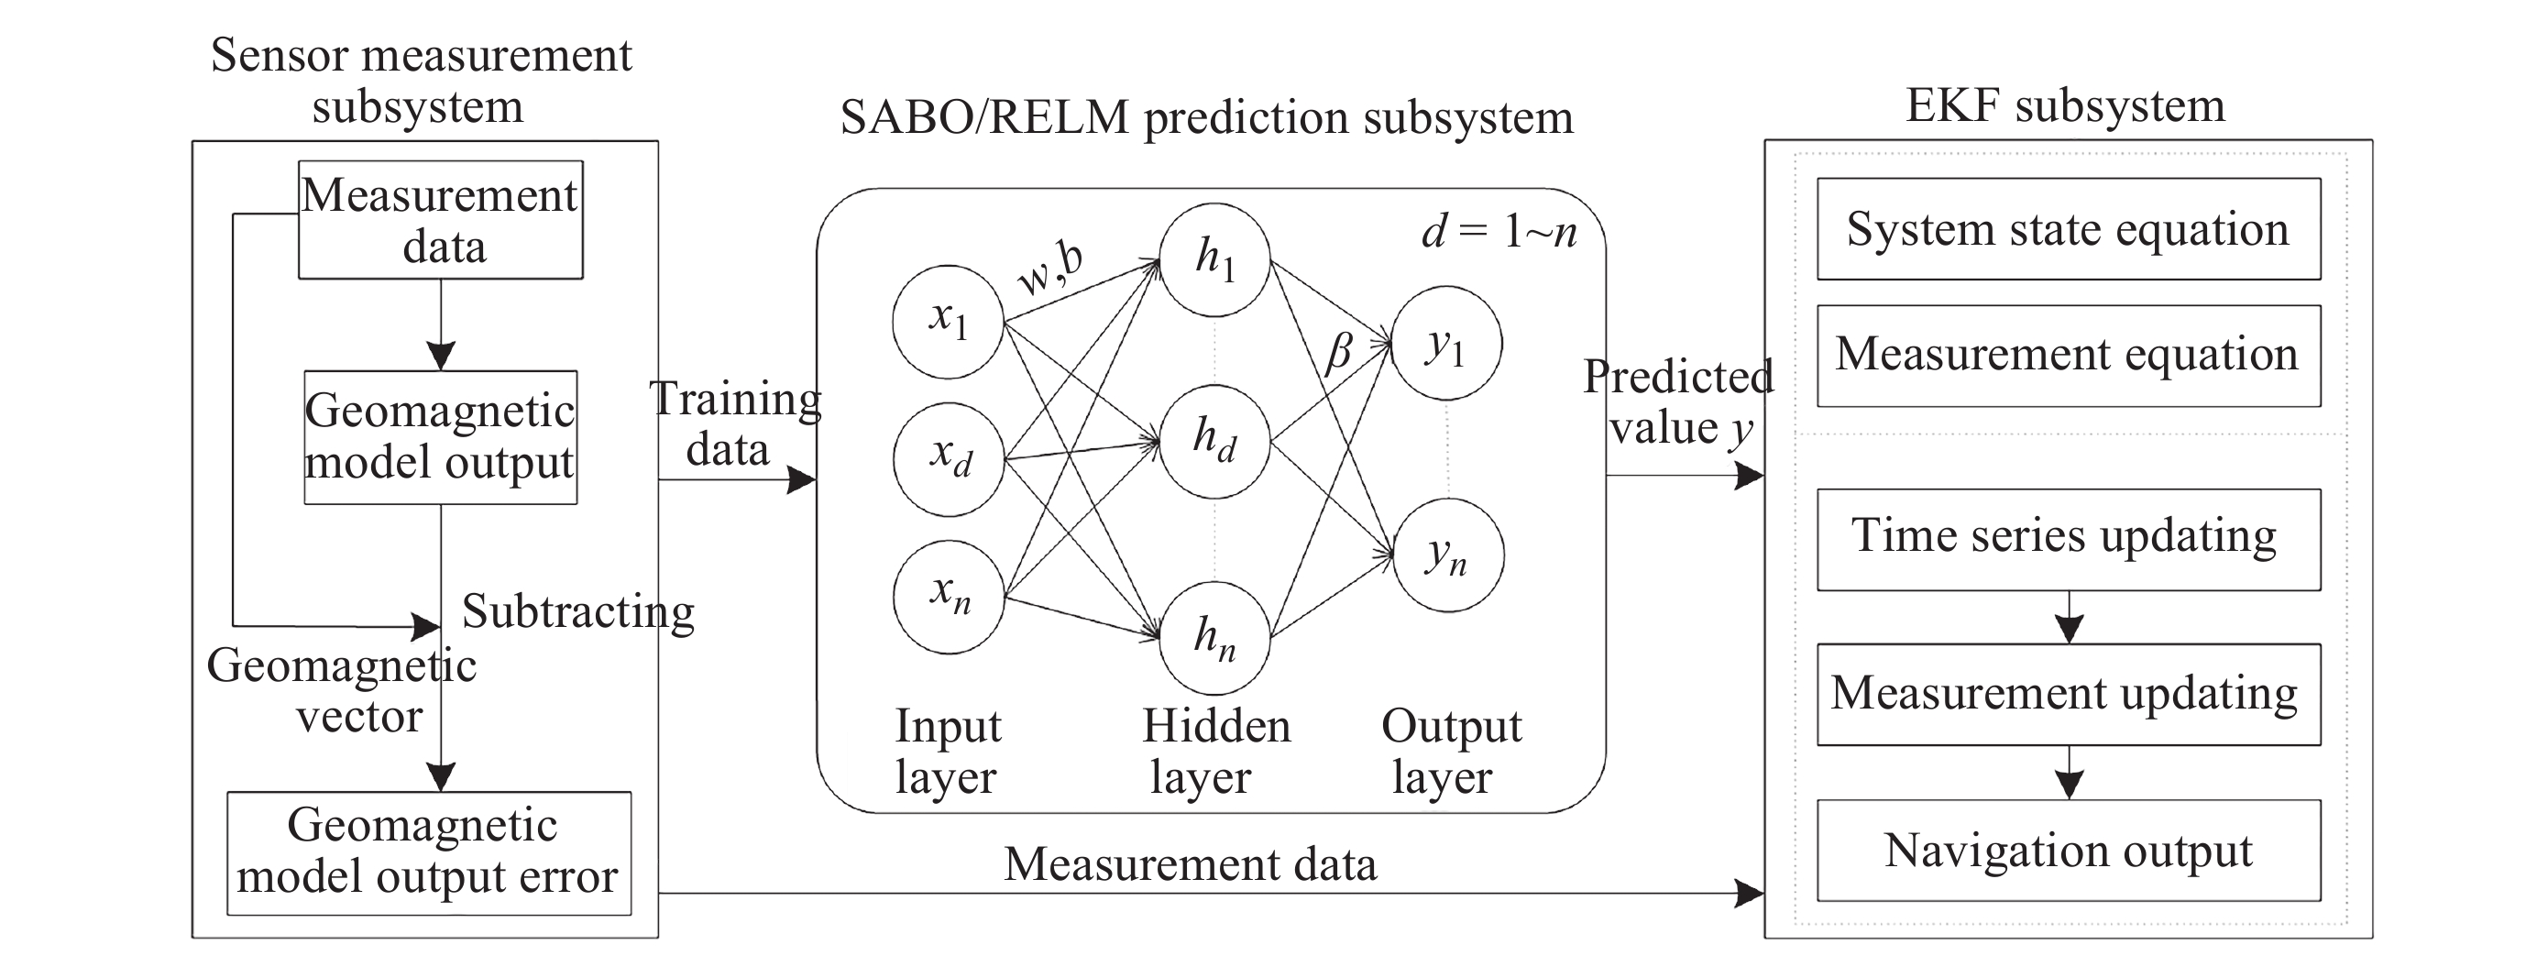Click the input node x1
coord(948,322)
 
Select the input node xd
coord(949,458)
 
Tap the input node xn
coord(949,596)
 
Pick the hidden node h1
coord(1215,259)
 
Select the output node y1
coord(1446,343)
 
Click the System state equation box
coord(2068,229)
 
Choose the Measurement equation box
coord(2068,356)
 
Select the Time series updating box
coord(2068,539)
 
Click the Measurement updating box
coord(2068,694)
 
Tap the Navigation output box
coord(2068,850)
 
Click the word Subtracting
coord(578,613)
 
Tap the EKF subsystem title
coord(2065,106)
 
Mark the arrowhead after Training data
coord(802,479)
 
